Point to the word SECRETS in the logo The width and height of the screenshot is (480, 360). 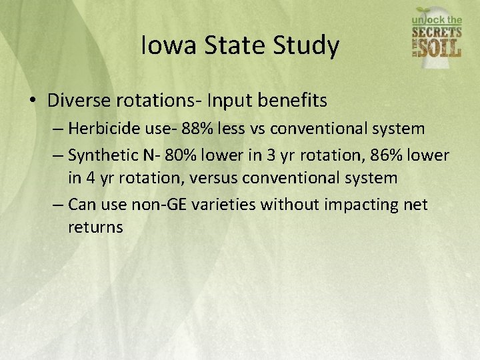437,31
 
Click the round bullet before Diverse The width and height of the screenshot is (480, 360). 33,101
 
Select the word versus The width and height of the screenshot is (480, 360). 213,178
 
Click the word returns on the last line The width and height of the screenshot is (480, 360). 95,227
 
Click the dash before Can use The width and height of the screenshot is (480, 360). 58,203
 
